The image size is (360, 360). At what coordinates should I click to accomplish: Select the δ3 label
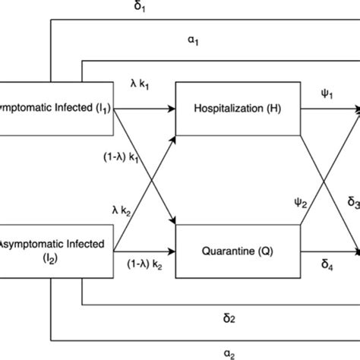point(353,201)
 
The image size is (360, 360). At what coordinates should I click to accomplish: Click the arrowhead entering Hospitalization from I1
point(172,109)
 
